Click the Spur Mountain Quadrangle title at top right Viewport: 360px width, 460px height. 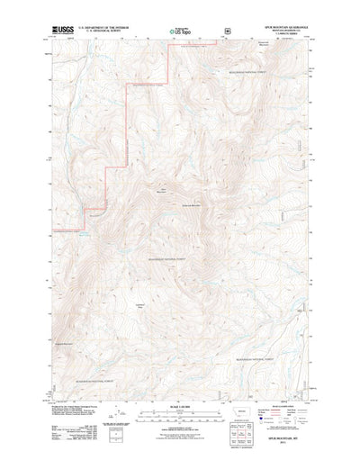pos(285,26)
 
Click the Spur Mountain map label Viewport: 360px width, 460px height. pos(163,191)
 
